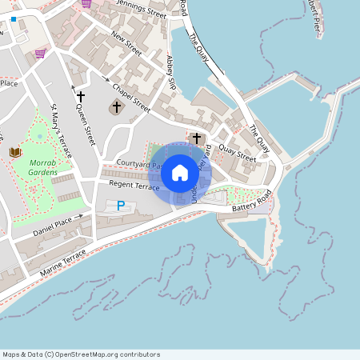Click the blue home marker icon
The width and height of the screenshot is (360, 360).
point(180,172)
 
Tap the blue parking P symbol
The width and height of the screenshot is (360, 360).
point(121,206)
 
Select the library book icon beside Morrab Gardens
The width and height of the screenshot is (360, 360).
point(14,151)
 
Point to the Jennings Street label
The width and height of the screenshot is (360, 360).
point(139,10)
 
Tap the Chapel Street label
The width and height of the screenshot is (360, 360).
point(131,97)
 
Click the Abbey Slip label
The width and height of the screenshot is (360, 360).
point(170,72)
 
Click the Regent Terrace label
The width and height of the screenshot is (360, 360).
point(134,186)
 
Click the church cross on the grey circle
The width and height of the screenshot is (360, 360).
point(117,107)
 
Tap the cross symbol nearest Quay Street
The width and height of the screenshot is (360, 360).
point(197,138)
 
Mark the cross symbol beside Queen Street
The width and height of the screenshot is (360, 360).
point(80,97)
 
